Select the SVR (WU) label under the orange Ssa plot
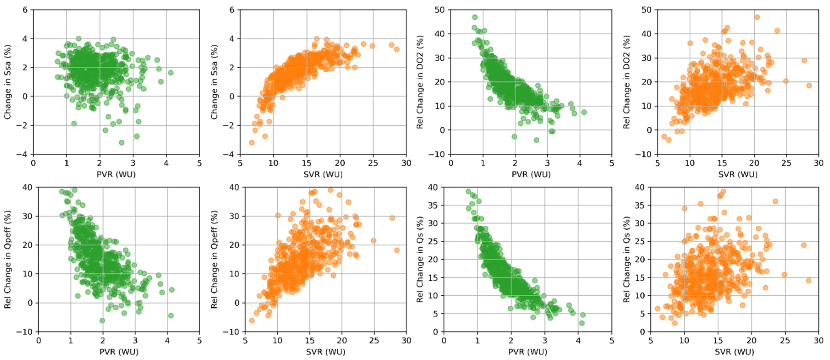pyautogui.click(x=323, y=174)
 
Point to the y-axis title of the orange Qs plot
pyautogui.click(x=626, y=259)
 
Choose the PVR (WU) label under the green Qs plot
pyautogui.click(x=528, y=352)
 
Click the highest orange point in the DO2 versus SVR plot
pyautogui.click(x=757, y=17)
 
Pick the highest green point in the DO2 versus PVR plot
pyautogui.click(x=475, y=17)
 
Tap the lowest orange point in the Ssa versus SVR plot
pyautogui.click(x=252, y=142)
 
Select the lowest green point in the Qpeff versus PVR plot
pyautogui.click(x=102, y=320)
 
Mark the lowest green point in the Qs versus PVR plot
pyautogui.click(x=582, y=323)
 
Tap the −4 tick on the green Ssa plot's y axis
pyautogui.click(x=22, y=154)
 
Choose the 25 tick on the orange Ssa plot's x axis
pyautogui.click(x=373, y=163)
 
